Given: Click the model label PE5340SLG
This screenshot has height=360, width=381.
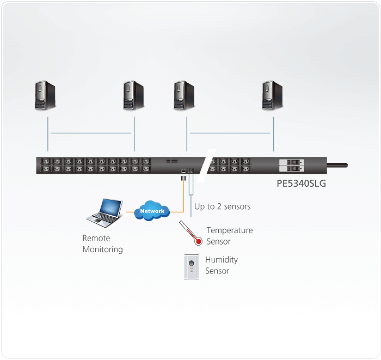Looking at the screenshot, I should [x=301, y=184].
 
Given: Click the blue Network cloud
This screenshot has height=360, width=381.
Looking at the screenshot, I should [x=152, y=211].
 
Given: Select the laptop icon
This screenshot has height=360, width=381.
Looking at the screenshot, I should [x=105, y=212].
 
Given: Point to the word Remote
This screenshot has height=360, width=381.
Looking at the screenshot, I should [x=96, y=238].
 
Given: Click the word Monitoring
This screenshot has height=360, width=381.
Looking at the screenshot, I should [x=102, y=249].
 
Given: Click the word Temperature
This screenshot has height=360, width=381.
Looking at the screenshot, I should [x=229, y=230].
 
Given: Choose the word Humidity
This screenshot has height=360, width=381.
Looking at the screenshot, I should [x=221, y=260].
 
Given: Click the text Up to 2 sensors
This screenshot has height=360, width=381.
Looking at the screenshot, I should [x=222, y=206].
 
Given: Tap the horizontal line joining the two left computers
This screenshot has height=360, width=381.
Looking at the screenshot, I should [x=91, y=133].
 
